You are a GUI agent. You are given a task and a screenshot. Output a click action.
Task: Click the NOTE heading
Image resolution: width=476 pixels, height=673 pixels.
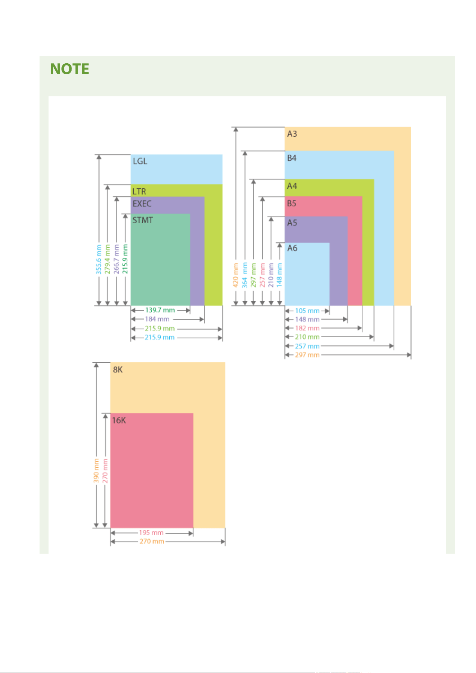click(69, 69)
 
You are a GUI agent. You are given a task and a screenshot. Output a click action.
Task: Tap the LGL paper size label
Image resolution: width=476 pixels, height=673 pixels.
click(140, 161)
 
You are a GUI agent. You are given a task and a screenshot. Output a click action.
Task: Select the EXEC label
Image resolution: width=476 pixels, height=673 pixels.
click(142, 204)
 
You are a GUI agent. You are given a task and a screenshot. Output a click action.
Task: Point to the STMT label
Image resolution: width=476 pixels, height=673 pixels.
click(143, 220)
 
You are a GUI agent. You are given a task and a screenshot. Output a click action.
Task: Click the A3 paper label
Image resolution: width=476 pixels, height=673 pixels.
click(292, 134)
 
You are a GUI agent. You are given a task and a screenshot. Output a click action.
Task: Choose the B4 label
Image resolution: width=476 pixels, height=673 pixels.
click(292, 158)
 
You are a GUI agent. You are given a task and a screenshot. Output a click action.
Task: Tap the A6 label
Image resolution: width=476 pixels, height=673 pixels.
click(292, 248)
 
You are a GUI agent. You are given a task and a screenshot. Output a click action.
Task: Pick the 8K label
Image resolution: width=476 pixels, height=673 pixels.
click(118, 370)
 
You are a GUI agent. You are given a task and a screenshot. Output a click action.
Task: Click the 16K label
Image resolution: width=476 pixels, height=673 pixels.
click(119, 420)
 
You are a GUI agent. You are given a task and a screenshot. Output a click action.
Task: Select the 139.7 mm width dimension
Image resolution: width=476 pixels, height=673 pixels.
click(160, 310)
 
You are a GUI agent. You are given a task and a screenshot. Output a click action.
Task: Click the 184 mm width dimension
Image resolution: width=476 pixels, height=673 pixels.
click(157, 319)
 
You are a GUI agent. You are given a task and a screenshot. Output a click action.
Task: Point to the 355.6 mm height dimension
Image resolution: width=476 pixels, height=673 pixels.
click(99, 259)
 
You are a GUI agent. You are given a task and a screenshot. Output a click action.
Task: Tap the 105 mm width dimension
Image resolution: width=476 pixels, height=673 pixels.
click(307, 311)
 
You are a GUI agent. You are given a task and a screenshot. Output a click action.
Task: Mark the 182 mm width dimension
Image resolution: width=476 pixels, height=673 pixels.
click(307, 328)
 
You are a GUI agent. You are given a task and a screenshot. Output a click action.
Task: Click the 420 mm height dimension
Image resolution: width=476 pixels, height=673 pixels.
click(235, 275)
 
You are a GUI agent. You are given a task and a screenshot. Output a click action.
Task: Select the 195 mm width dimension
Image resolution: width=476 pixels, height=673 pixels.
click(151, 533)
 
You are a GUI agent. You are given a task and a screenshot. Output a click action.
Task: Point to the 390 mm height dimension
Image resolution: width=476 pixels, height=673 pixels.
click(96, 471)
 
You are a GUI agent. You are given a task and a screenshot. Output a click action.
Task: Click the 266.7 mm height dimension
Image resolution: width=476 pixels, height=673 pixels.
click(116, 259)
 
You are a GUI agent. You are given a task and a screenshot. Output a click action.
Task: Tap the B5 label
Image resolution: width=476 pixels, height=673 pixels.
click(292, 203)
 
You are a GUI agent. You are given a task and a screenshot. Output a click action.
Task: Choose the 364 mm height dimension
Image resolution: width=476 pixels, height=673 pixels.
click(244, 275)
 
